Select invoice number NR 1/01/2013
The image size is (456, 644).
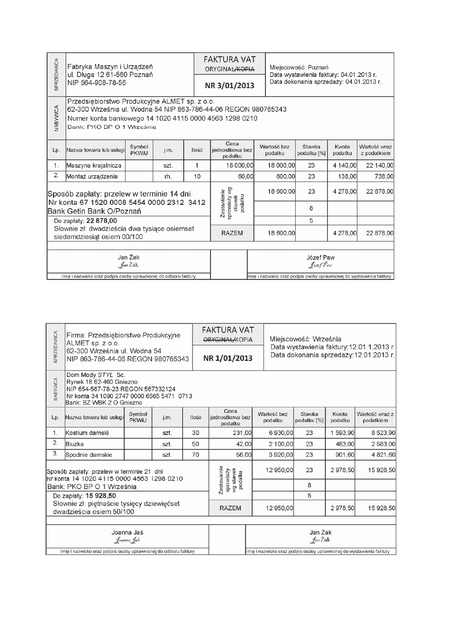(228, 358)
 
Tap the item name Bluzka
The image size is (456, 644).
(75, 444)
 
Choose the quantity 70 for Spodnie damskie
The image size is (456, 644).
(196, 454)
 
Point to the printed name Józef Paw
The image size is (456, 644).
(321, 257)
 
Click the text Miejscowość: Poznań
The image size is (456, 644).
(299, 67)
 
